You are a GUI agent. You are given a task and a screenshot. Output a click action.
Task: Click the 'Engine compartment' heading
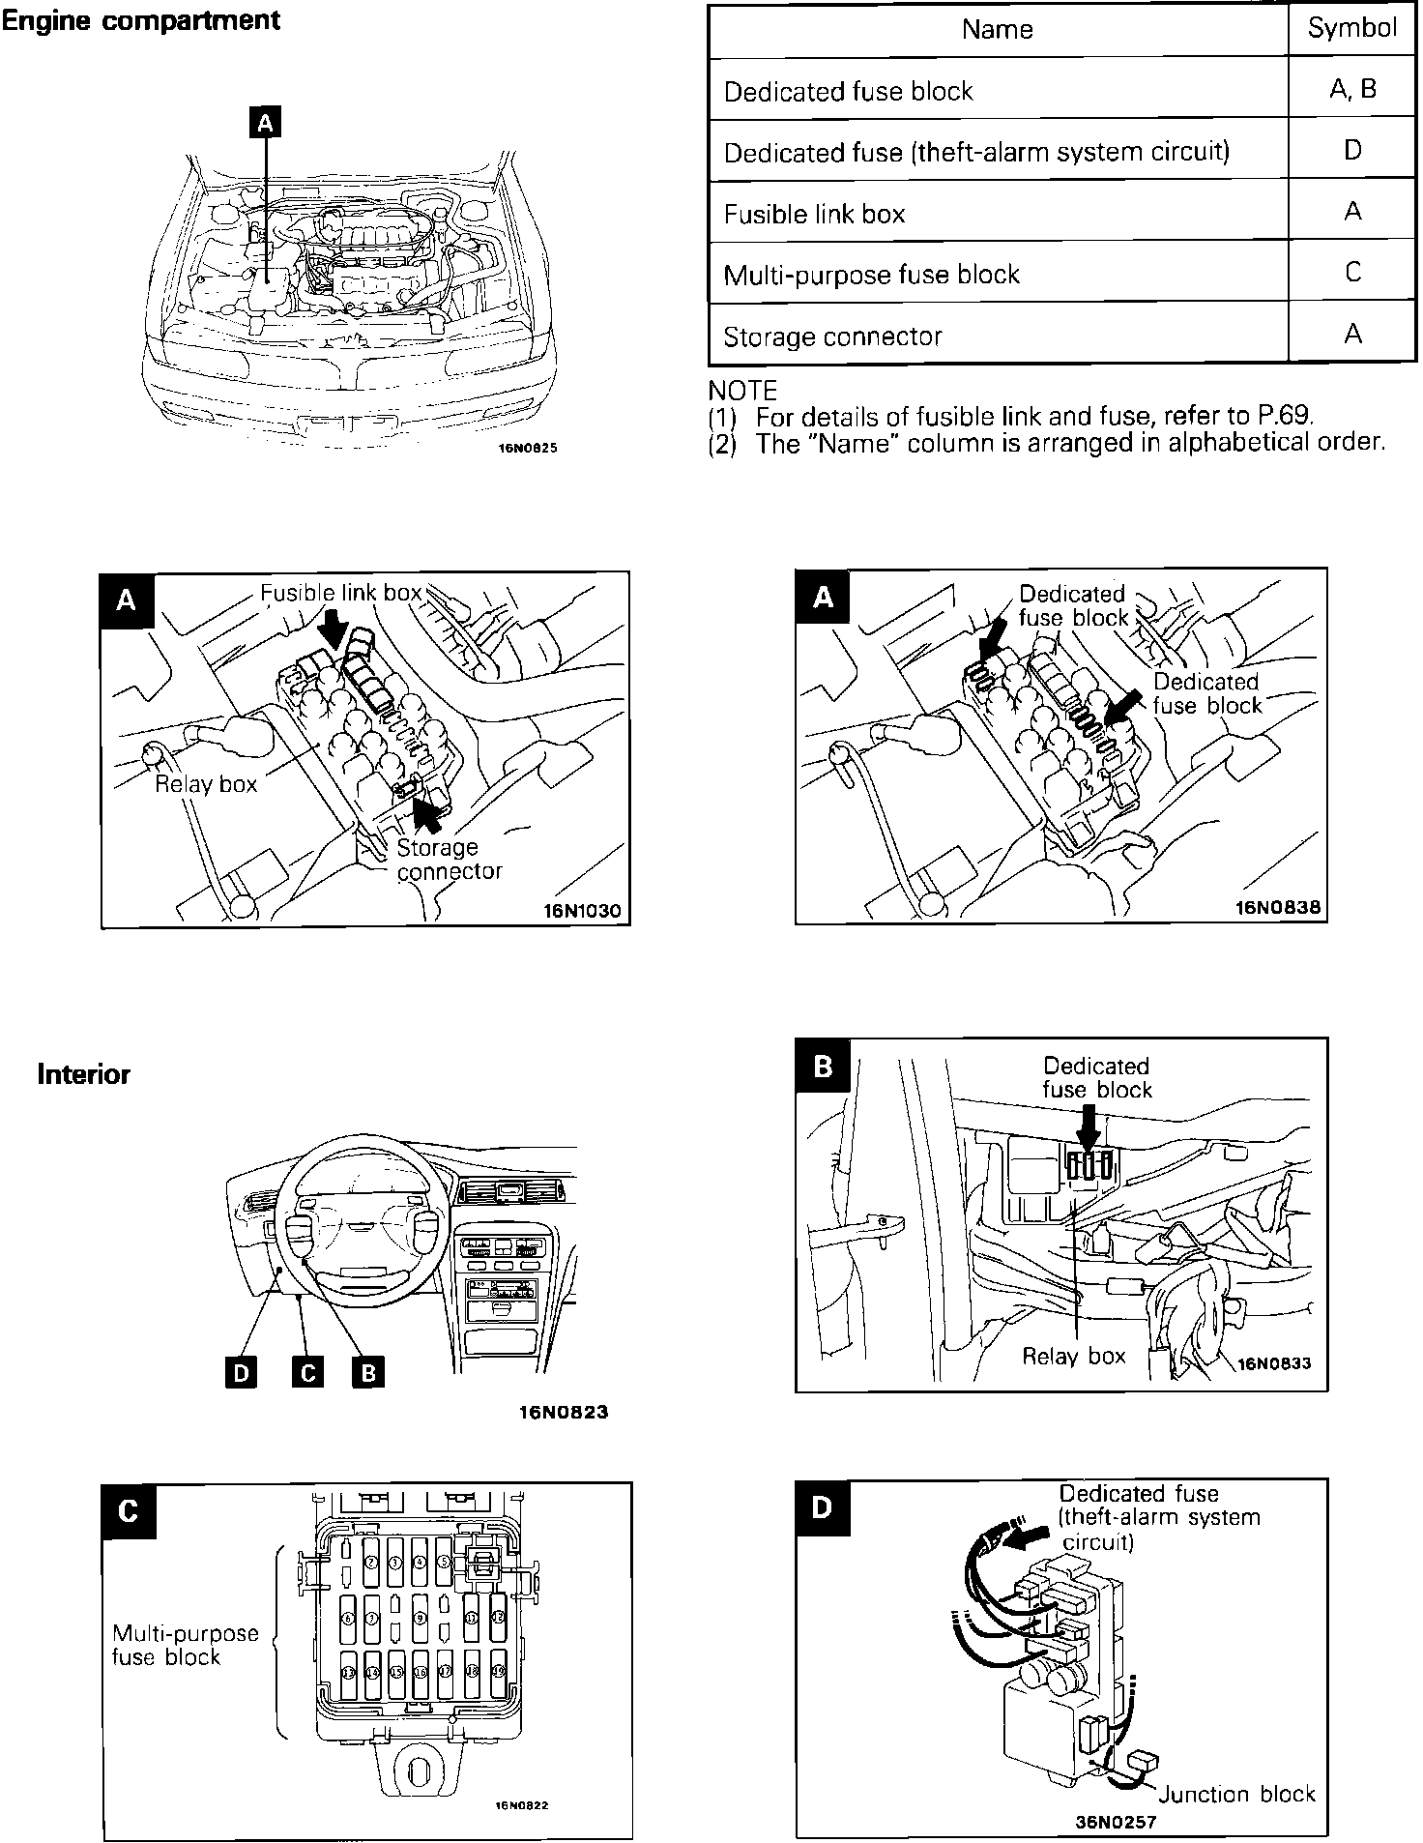pos(141,20)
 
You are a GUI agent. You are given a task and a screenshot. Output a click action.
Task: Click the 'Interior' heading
pos(83,1074)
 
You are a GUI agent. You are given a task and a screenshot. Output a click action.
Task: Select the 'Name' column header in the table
pos(998,30)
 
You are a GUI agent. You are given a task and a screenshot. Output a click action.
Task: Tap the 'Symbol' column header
pos(1352,29)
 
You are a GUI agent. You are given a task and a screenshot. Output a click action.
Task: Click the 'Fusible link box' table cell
pos(814,214)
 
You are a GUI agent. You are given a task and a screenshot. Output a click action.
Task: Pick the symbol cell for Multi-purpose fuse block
pos(1352,273)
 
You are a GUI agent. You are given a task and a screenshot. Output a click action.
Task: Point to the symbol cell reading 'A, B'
pos(1352,90)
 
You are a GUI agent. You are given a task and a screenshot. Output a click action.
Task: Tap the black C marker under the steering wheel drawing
pos(306,1372)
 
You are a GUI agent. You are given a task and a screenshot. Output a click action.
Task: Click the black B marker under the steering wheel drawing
pos(368,1372)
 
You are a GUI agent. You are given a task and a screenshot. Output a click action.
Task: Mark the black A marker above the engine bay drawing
pos(266,123)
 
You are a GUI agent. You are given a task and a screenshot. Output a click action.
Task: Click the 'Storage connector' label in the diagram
pos(449,859)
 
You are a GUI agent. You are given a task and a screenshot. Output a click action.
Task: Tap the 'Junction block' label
pos(1236,1794)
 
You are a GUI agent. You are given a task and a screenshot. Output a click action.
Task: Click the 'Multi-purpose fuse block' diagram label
pos(186,1645)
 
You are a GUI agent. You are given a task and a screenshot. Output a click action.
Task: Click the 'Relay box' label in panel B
pos(1074,1356)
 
